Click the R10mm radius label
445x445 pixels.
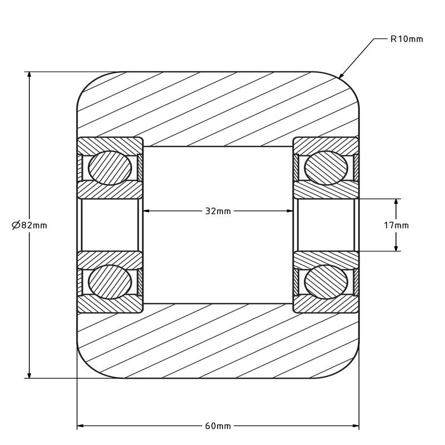[x=407, y=39]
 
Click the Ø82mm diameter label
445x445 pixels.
[x=29, y=225]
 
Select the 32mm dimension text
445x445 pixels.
[x=218, y=211]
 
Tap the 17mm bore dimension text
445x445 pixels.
[x=396, y=225]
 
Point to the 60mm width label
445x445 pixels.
[x=218, y=426]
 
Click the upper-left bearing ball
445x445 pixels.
[x=110, y=168]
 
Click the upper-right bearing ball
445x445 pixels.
[x=326, y=168]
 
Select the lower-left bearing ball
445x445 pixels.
[x=110, y=282]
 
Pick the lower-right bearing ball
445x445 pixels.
[x=326, y=282]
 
